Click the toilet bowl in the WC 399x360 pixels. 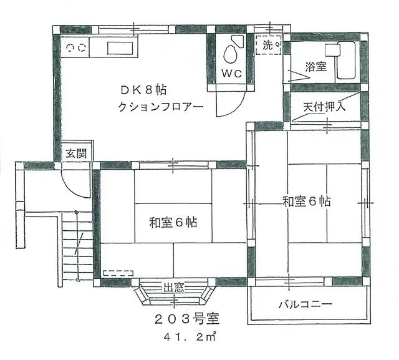[231, 54]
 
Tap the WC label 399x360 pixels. [231, 74]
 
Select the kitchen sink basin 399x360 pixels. [120, 48]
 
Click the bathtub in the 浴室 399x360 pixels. [345, 60]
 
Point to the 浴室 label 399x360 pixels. [315, 67]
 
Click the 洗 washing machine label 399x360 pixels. [267, 46]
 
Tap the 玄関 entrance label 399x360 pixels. [76, 153]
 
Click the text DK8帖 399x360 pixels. [143, 90]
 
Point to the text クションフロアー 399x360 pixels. [161, 107]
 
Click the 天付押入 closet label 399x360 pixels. [324, 107]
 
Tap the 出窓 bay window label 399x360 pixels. [174, 288]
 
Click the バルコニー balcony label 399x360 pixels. [305, 304]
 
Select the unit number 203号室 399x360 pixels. [187, 319]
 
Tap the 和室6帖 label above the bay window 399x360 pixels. [173, 222]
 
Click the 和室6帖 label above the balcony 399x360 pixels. [306, 202]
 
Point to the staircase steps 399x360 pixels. [77, 246]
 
